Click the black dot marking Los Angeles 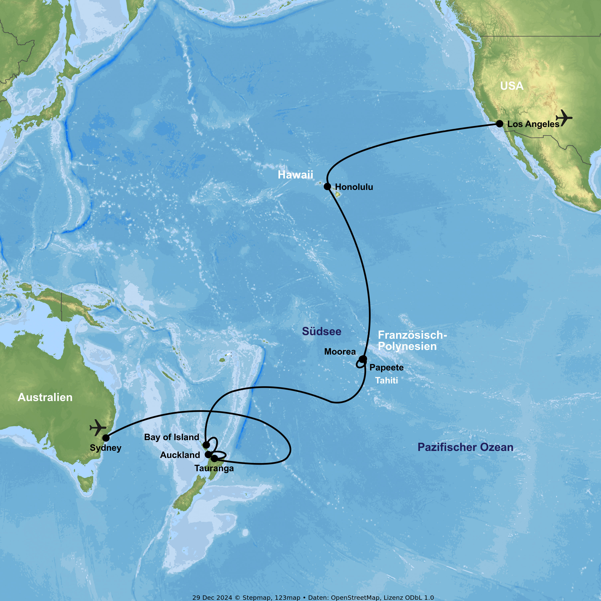pos(499,123)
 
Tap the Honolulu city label pos(354,187)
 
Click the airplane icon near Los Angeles pos(564,118)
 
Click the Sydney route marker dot pos(106,438)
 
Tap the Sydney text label pos(105,448)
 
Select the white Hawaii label pos(295,175)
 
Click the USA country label pos(512,86)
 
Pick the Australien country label pos(45,397)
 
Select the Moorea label pos(340,352)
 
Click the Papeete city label pos(386,367)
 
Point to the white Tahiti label pos(386,380)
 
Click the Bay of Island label pos(171,437)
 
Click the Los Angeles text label pos(533,124)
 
